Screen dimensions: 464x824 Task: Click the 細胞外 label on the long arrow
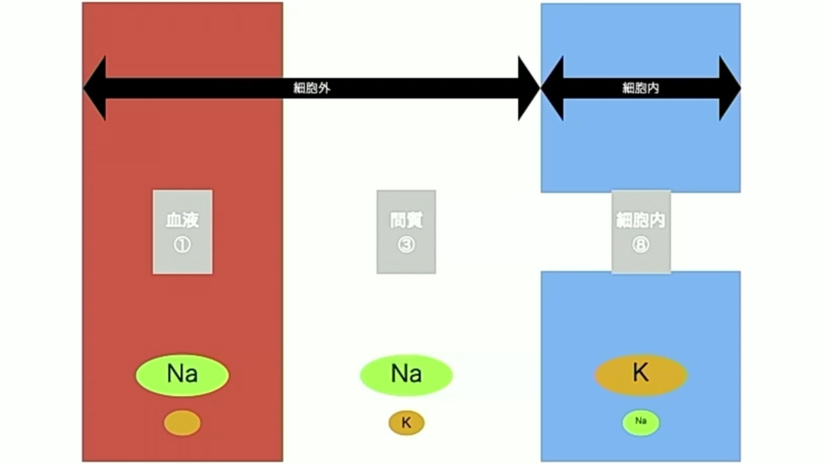click(312, 88)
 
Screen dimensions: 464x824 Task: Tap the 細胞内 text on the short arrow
click(640, 88)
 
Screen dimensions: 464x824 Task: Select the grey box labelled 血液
click(182, 232)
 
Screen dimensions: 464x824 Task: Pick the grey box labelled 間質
click(406, 232)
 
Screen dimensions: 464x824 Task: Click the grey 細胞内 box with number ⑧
click(641, 232)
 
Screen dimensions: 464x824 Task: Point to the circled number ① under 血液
click(182, 245)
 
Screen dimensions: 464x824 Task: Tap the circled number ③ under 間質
click(406, 245)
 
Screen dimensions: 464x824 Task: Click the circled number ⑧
click(641, 245)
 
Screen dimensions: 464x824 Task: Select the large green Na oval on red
click(182, 375)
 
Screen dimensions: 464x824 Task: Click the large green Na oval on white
click(406, 375)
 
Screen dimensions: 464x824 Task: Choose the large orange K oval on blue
click(641, 375)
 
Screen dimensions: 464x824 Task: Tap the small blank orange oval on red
click(182, 423)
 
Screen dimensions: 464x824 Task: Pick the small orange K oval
click(406, 423)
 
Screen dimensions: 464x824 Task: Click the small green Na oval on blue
click(641, 422)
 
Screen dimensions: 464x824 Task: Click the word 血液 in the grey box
click(182, 220)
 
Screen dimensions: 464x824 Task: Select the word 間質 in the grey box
click(406, 220)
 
